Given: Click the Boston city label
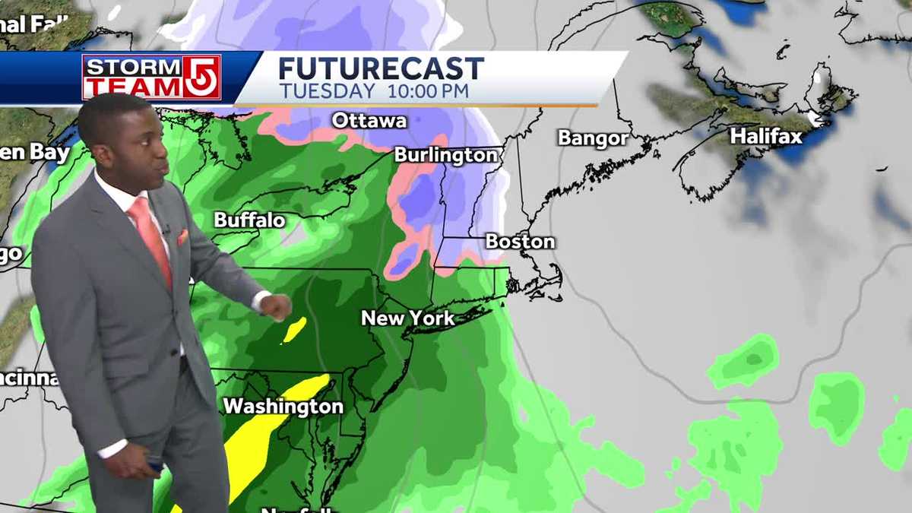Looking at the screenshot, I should coord(520,242).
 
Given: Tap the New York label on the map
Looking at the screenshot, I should coord(407,318).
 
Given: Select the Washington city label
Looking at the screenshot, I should coord(283,407).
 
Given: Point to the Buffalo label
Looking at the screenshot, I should coord(249,220).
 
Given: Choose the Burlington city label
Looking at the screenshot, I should coord(445,155).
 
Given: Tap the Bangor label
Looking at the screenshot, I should coord(593,138).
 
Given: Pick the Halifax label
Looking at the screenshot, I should coord(766,137).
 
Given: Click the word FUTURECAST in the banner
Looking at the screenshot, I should coord(381,69).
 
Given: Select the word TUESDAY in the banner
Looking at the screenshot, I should coord(327,91).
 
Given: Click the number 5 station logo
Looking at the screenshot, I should coord(202,77).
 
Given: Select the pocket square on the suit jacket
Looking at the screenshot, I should coord(182,237).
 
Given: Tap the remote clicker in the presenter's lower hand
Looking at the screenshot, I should coord(155,464).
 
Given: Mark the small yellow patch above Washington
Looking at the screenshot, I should coord(294,330).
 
